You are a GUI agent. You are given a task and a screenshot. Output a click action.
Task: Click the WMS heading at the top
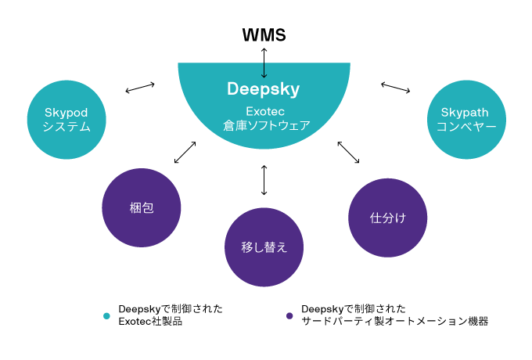coord(264,35)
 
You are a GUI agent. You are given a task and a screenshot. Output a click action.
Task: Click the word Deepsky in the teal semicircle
coord(264,89)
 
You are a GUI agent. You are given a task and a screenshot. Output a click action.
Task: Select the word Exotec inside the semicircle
coord(265,111)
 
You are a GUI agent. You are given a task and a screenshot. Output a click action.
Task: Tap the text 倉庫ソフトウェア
coord(266,125)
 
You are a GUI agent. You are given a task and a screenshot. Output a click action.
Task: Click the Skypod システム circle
coord(66,120)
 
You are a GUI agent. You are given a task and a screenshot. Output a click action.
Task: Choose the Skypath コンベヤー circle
coord(466,120)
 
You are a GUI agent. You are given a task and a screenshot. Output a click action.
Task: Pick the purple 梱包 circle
coord(142,207)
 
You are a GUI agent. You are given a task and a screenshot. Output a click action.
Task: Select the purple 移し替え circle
coord(264,247)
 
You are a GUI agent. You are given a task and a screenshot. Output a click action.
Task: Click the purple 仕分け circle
coord(388,218)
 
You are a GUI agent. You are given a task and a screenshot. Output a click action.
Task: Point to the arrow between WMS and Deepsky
coord(264,63)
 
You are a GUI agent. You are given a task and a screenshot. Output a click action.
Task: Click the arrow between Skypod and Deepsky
coord(140,88)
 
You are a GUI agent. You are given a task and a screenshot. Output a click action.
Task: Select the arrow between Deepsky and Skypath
coord(396,87)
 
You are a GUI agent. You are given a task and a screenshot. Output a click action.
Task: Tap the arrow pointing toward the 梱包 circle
coord(185,153)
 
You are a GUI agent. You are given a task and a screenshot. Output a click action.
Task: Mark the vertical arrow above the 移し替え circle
coord(264,180)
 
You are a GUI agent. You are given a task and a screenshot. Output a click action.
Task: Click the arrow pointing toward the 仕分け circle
coord(348,153)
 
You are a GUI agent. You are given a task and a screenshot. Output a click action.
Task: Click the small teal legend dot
coord(106,316)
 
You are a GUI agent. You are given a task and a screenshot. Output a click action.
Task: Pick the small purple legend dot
coord(289,316)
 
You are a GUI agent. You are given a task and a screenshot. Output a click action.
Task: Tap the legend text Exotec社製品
coord(150,321)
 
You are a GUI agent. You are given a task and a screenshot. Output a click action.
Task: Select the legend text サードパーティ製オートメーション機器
coord(394,321)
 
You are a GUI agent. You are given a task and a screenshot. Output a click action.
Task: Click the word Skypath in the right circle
coord(465,113)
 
